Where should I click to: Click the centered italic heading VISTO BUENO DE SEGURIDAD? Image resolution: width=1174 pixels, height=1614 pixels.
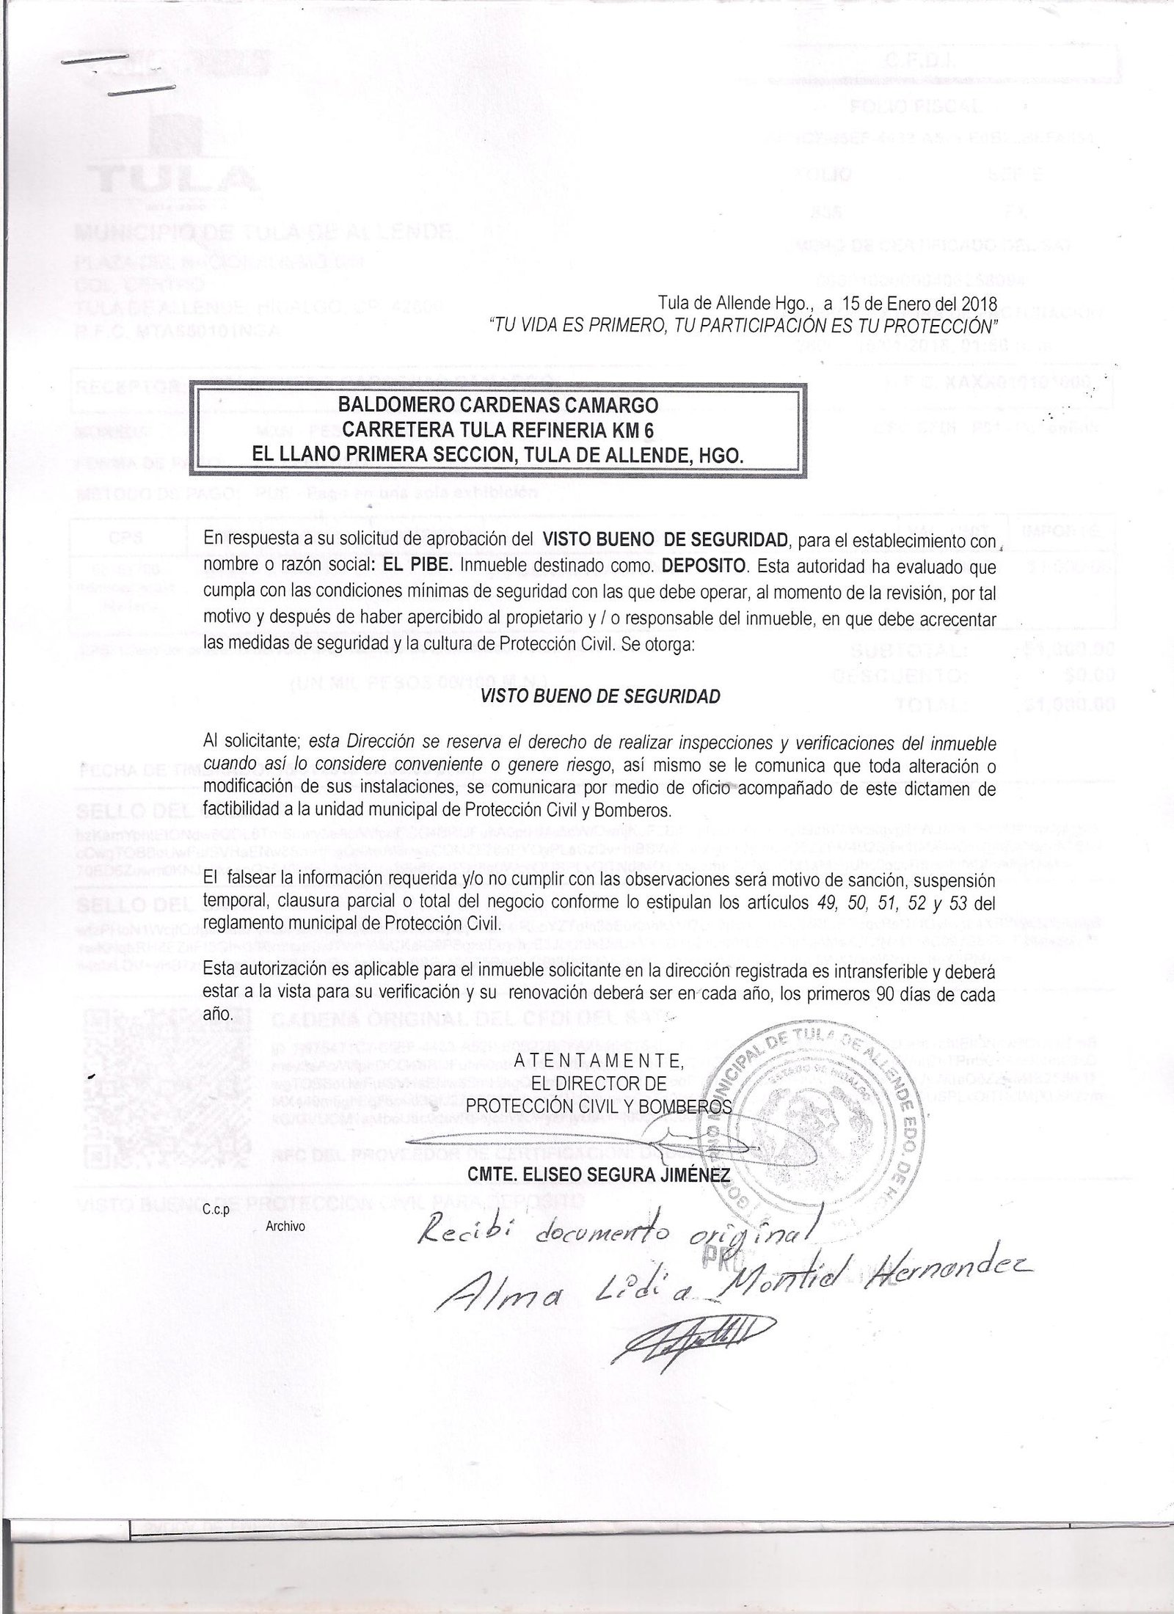click(599, 696)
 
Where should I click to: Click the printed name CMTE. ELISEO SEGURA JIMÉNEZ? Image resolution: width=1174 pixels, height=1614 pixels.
click(599, 1175)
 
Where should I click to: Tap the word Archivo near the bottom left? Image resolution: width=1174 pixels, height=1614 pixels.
click(285, 1226)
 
